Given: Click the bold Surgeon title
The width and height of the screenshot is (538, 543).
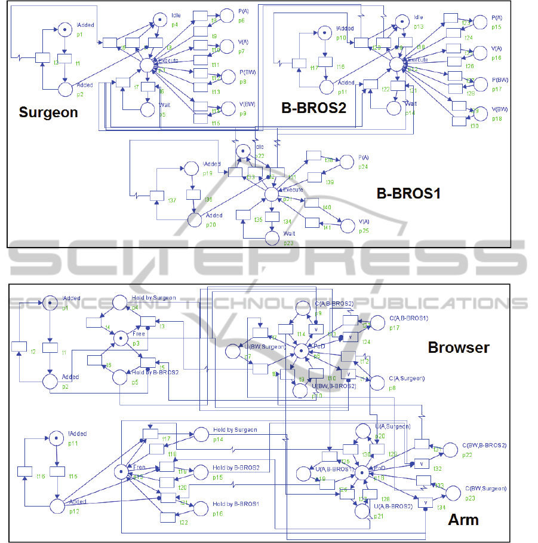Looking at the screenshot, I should pos(48,112).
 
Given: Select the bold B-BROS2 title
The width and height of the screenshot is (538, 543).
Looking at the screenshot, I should pos(314,108).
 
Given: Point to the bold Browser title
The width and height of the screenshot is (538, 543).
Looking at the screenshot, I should pos(459,347).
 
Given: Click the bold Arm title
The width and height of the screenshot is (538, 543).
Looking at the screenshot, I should pos(463,520).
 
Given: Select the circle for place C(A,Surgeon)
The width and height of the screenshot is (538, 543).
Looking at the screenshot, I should pos(377,383).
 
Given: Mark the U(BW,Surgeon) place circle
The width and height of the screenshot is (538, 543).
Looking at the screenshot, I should pos(233,351).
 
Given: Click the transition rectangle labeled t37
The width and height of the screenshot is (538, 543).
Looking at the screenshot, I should pos(157,196).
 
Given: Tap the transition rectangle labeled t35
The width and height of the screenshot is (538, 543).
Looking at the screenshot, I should pos(243,215).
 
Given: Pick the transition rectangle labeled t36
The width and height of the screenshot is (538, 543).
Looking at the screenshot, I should pos(193,194).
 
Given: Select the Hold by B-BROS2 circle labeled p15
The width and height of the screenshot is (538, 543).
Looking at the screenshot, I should pos(201,472).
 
